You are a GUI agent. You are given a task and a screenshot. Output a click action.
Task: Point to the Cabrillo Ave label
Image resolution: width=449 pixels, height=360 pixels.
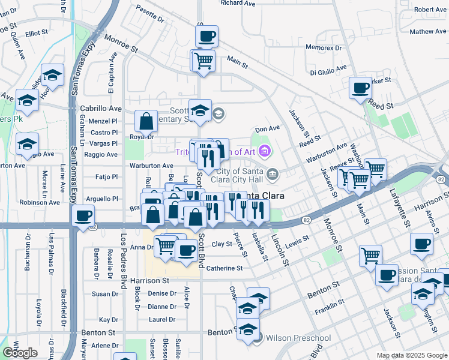[x=101, y=109]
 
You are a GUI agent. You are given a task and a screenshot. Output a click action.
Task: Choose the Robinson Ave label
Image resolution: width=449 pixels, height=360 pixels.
[x=40, y=202]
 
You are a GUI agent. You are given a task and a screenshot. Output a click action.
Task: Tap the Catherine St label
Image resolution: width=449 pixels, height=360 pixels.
[x=224, y=268]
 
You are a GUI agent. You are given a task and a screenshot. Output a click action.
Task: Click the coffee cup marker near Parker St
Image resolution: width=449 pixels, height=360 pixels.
[x=360, y=88]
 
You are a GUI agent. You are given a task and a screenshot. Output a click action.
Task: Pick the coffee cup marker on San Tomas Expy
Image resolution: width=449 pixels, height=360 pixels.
[x=83, y=215]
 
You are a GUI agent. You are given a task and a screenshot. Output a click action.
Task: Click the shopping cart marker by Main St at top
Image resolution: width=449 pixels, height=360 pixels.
[x=203, y=59]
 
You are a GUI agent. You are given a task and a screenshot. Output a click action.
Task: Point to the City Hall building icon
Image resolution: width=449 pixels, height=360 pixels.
[x=273, y=175]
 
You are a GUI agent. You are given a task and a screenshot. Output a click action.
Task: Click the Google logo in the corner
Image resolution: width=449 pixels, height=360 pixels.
[x=20, y=353]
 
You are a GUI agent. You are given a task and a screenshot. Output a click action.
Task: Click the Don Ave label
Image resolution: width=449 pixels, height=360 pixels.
[x=268, y=128]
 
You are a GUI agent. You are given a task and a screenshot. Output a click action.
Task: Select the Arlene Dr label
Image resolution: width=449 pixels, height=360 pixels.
[x=103, y=345]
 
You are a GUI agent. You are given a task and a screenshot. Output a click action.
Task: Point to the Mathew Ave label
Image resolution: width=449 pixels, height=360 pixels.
[x=429, y=31]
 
